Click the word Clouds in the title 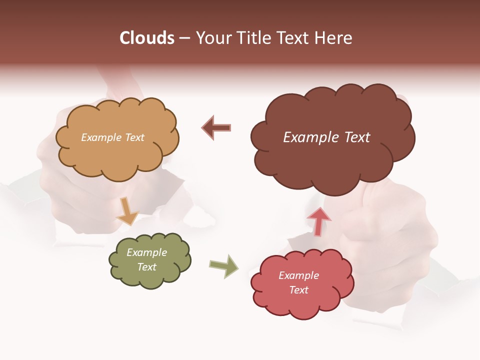147,38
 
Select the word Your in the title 213,38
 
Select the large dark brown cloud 332,160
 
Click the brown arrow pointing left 216,127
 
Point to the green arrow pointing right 223,266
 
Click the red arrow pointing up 318,221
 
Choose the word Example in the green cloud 146,252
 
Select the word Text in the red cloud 298,290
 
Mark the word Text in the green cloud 146,267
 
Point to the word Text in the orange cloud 134,137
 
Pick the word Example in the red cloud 298,275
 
